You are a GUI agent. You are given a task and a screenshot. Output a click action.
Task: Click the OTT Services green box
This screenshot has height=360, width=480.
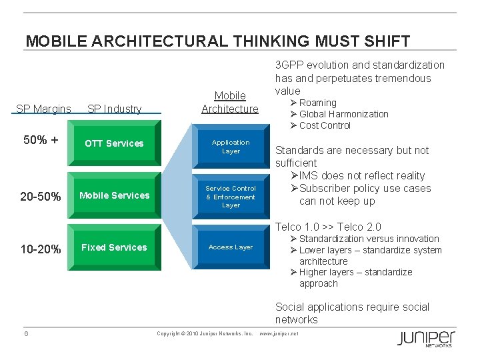[x=115, y=143]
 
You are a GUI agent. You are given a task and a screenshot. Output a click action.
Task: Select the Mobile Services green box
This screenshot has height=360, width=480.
[x=115, y=195]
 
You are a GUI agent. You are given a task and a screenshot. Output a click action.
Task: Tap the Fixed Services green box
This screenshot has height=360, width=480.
[x=115, y=247]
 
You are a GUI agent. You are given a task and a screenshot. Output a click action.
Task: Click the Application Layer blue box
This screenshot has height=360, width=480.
[x=231, y=147]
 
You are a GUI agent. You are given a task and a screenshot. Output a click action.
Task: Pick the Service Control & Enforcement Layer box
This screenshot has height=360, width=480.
[x=231, y=197]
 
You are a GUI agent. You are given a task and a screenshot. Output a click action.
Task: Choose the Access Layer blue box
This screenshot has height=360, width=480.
[x=231, y=247]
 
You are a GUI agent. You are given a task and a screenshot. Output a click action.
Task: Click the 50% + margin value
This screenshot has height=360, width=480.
[x=41, y=141]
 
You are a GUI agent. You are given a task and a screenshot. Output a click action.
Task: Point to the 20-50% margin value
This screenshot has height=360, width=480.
[x=41, y=197]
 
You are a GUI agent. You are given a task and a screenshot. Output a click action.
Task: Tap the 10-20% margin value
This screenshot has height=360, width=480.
[x=41, y=249]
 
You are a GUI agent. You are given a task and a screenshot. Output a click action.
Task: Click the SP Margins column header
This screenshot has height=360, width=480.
[x=43, y=109]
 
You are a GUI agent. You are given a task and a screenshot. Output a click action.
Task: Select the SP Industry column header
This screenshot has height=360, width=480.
[x=114, y=109]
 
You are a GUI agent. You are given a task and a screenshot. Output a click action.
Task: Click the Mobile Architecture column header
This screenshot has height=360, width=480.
[x=230, y=102]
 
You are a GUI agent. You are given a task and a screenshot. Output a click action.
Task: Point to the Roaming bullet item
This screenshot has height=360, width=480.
[x=317, y=103]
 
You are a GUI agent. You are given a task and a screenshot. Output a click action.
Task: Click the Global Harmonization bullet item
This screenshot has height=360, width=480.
[x=343, y=114]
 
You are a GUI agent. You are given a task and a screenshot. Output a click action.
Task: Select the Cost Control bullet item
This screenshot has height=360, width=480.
[x=325, y=125]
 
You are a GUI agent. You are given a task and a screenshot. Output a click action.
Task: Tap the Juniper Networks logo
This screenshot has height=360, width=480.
[x=427, y=338]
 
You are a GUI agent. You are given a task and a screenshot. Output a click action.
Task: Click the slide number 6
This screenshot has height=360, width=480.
[x=26, y=333]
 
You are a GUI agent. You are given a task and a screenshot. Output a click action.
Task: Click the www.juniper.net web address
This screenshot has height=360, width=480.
[x=278, y=333]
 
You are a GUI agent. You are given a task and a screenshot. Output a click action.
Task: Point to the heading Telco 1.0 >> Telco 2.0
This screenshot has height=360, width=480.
[x=328, y=227]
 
